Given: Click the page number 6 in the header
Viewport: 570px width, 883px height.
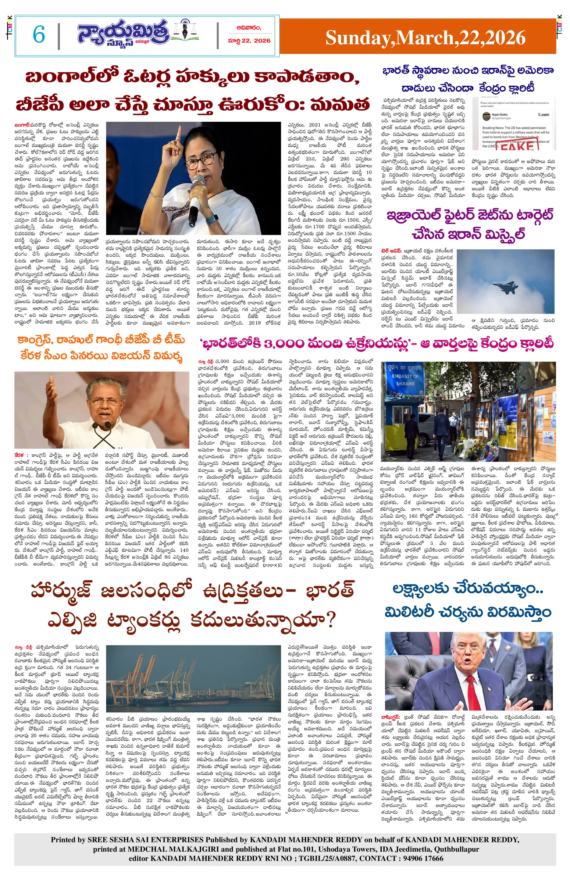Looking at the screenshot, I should (x=39, y=35).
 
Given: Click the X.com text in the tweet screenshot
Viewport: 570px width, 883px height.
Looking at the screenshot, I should (x=543, y=115).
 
